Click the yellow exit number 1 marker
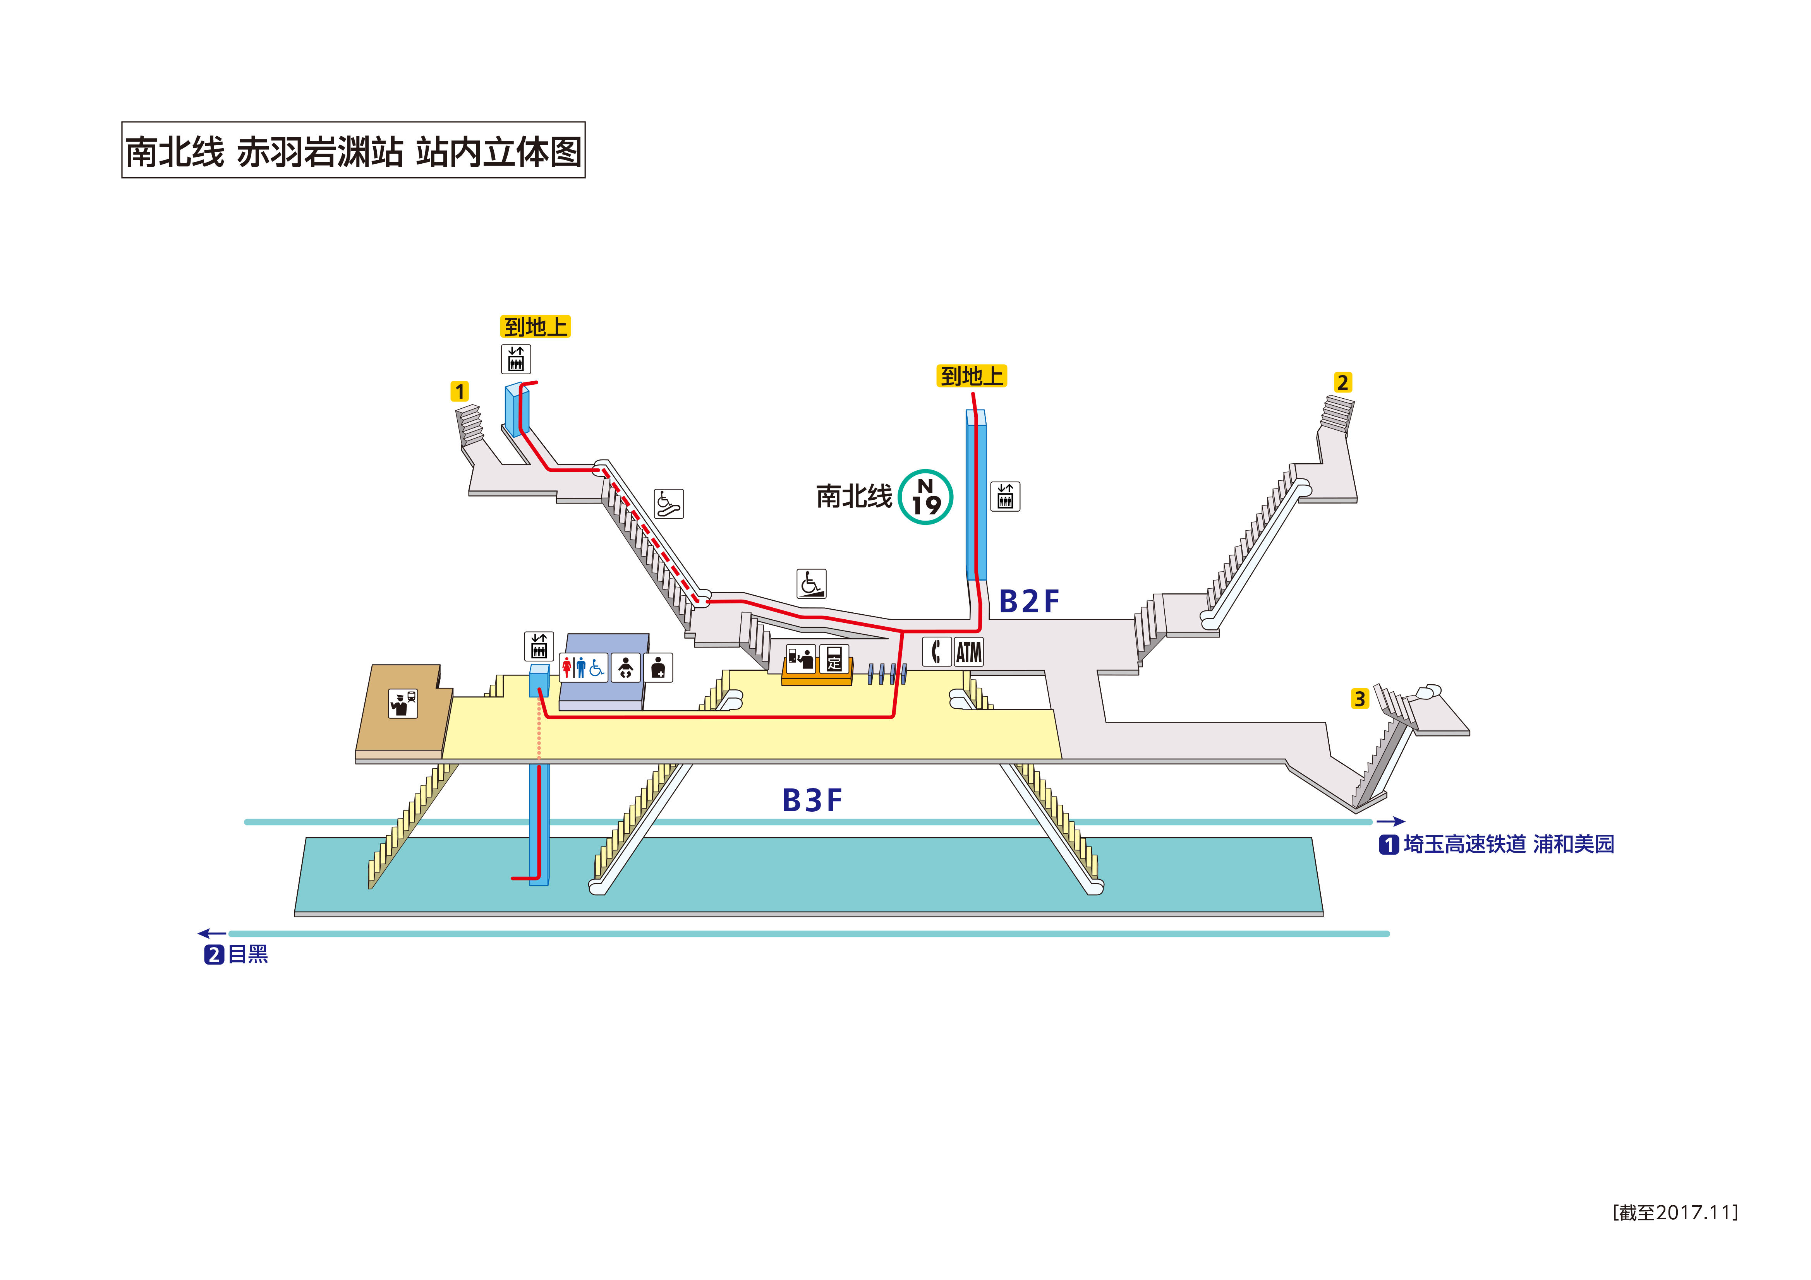[459, 391]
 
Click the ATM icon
[968, 652]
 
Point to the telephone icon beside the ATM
[936, 652]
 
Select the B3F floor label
[812, 800]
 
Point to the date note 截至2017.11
[1675, 1212]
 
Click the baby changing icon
[625, 668]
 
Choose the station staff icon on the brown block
[403, 703]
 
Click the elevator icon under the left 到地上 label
[516, 360]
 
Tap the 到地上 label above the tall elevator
[971, 376]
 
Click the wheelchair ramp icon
[811, 584]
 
